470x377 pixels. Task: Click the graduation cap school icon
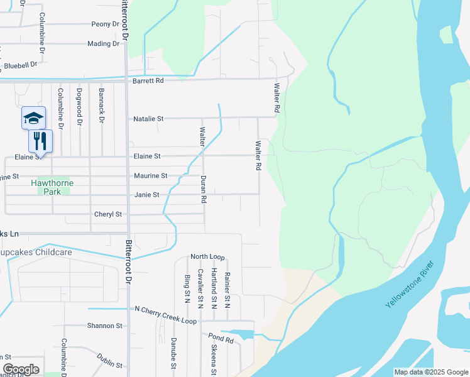coord(34,117)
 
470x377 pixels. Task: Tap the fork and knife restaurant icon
coord(41,140)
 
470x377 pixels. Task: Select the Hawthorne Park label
coord(52,187)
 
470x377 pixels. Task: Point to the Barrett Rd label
coord(148,81)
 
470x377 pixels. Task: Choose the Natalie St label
coord(148,118)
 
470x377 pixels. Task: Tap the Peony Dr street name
coord(105,24)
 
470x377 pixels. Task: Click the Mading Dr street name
coord(103,43)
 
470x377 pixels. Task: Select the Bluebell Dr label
coord(20,65)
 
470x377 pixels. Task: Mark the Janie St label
coord(147,195)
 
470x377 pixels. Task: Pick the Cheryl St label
coord(107,214)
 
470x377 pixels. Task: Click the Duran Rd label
coord(204,190)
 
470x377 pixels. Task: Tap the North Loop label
coord(207,257)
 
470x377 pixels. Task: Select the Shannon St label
coord(105,325)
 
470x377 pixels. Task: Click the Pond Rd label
coord(221,339)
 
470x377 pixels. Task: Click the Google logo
coord(21,369)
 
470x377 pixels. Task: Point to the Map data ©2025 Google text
coord(430,372)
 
